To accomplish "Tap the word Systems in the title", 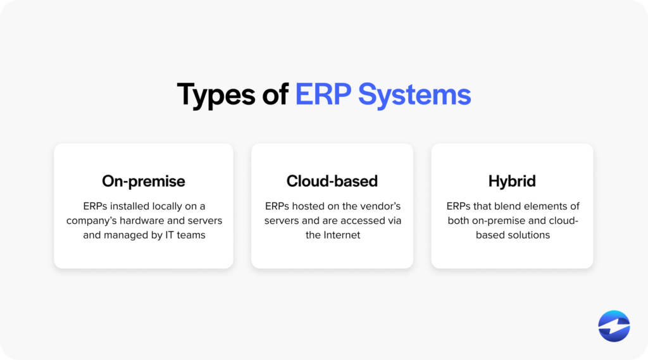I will point(414,95).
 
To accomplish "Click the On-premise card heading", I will point(144,181).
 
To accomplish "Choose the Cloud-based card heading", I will point(332,181).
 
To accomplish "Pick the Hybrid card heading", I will point(512,181).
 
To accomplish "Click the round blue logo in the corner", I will point(614,326).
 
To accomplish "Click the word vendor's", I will point(378,206).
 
